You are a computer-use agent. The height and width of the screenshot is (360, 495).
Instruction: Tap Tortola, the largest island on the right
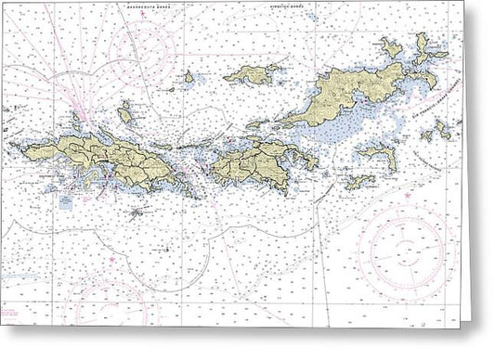[x=348, y=96]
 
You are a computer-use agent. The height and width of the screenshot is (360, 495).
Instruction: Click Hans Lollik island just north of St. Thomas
[x=124, y=114]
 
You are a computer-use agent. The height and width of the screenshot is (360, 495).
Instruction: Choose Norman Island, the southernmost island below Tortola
[x=358, y=182]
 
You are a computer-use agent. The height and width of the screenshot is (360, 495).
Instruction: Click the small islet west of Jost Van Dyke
[x=189, y=78]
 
